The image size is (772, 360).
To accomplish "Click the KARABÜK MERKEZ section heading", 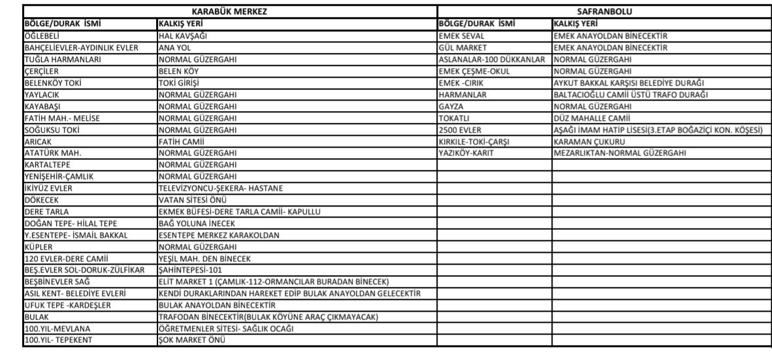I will point(229,11).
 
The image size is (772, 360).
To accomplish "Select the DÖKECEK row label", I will point(42,201).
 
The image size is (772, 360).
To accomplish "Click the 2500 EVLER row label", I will point(460,129).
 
